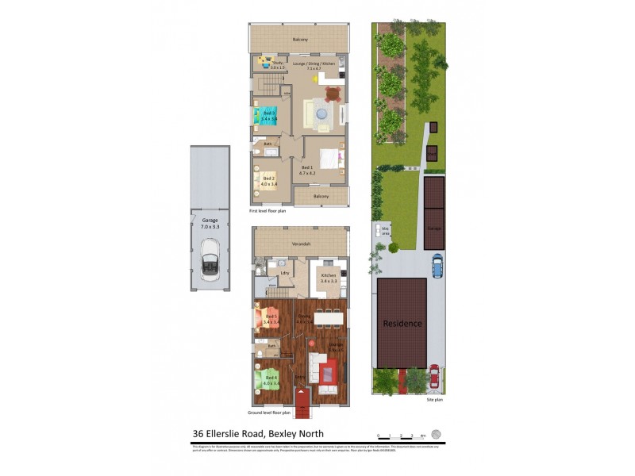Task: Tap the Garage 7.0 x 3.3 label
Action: click(x=210, y=224)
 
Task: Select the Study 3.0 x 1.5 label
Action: click(x=277, y=65)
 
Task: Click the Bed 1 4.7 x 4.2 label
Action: click(x=307, y=170)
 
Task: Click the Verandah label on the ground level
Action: click(x=300, y=244)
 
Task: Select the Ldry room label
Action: click(x=284, y=274)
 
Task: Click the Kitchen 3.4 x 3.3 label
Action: click(x=329, y=278)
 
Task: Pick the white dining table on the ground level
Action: click(x=329, y=317)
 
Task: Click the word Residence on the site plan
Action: click(x=403, y=324)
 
